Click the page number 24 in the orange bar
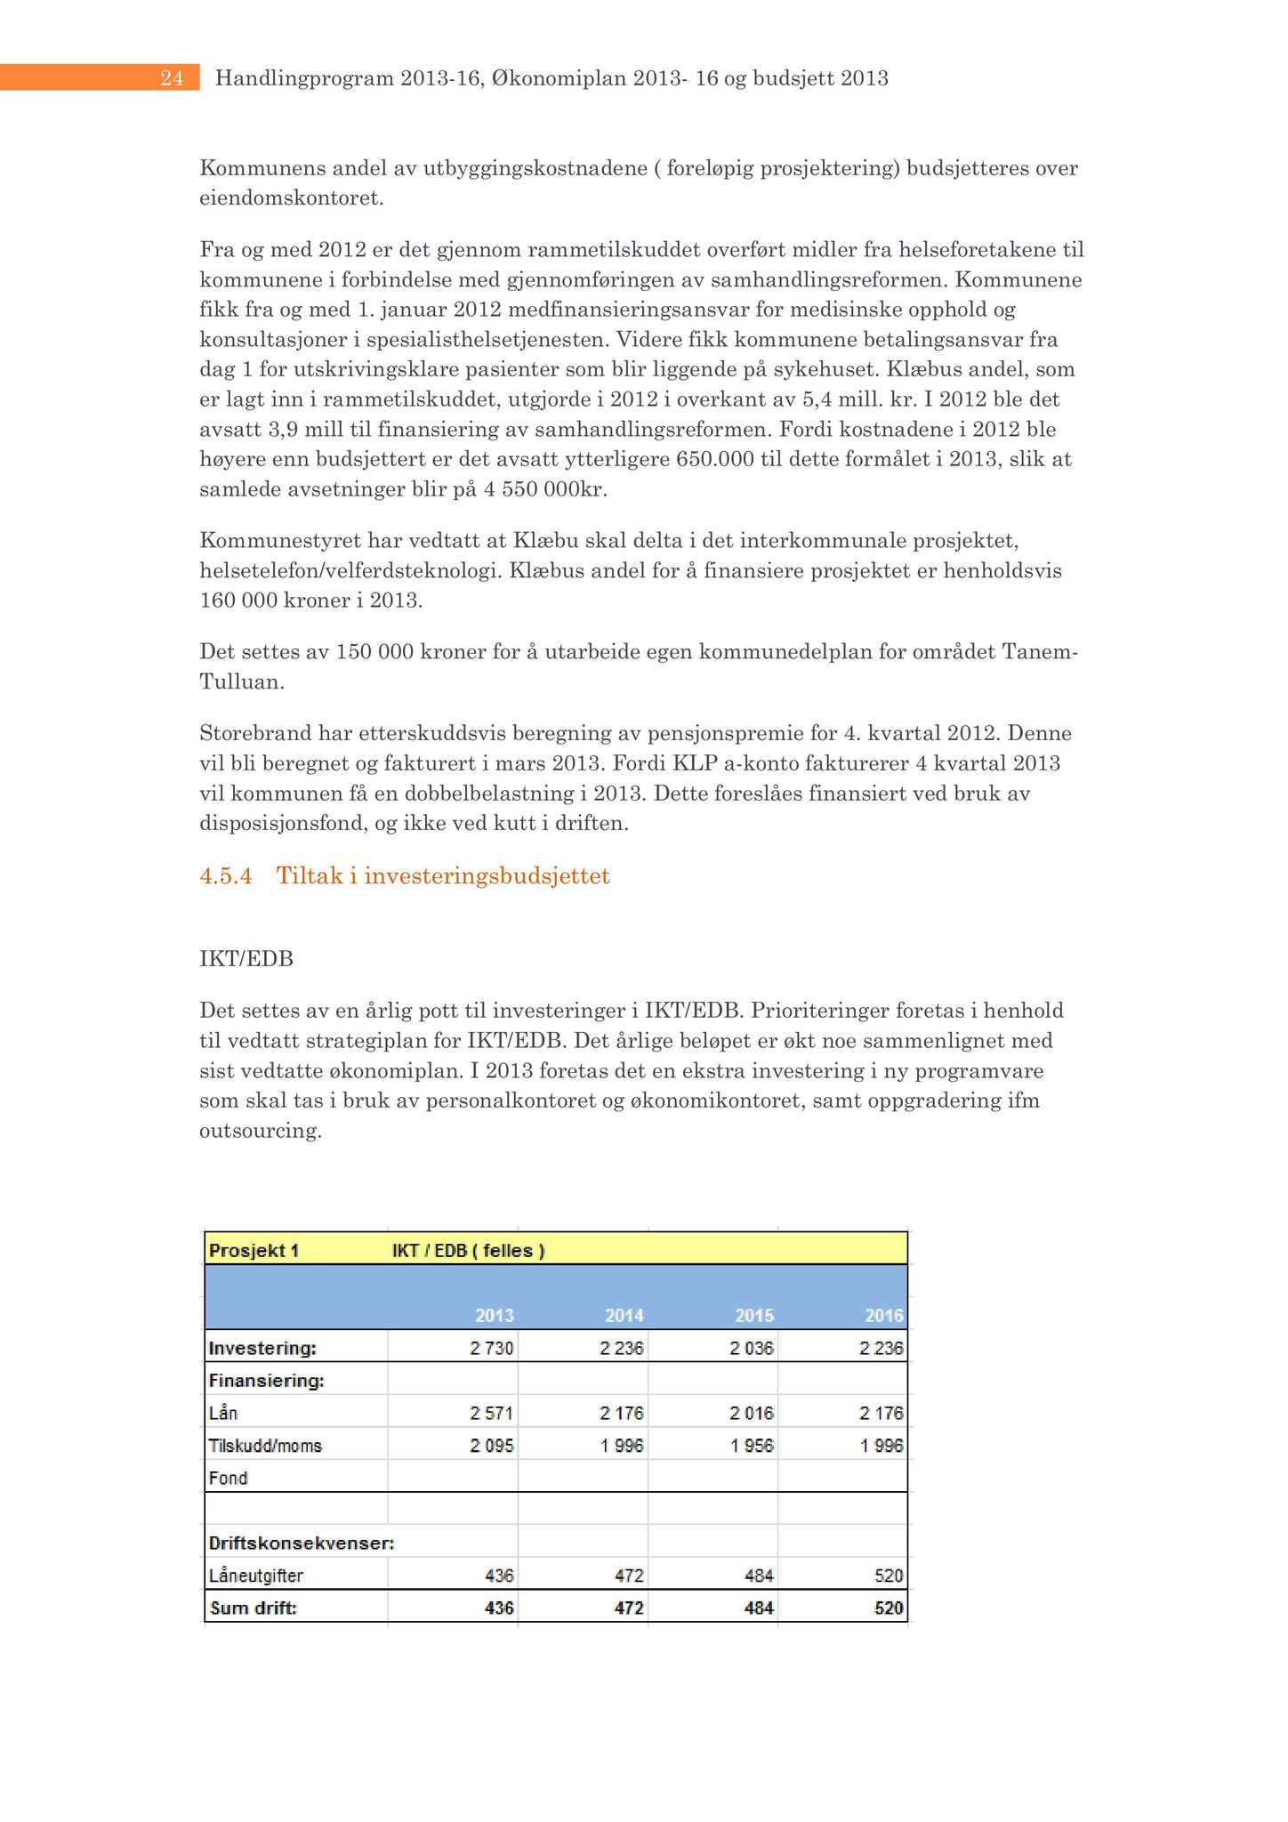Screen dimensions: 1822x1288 [x=172, y=78]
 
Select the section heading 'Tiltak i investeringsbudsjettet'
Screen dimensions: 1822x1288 [x=443, y=876]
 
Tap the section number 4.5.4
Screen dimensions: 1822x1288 [x=226, y=876]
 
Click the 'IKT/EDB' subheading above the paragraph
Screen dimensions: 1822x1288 [x=246, y=959]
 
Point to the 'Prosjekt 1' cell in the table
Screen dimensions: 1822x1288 [x=254, y=1250]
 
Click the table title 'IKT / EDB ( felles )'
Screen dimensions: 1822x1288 [x=468, y=1250]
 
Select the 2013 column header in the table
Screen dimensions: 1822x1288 [x=495, y=1315]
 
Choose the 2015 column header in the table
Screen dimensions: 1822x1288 [x=754, y=1315]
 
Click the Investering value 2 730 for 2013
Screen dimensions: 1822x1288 [x=492, y=1348]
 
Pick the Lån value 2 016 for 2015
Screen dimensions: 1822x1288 [x=752, y=1413]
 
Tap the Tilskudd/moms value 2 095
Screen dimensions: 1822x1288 [x=492, y=1446]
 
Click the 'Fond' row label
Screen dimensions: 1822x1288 [x=228, y=1478]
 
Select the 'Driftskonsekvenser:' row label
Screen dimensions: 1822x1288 [x=301, y=1543]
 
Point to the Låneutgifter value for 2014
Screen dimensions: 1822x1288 [x=630, y=1576]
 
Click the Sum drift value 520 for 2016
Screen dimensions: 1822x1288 [x=889, y=1608]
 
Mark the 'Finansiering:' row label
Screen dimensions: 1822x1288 [x=266, y=1381]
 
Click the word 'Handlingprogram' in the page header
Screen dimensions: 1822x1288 [x=304, y=78]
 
